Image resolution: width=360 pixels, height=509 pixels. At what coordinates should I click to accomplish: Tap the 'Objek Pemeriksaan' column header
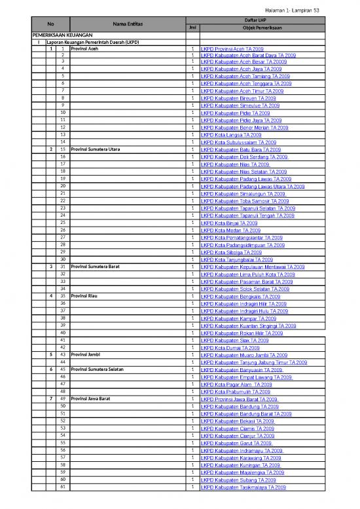click(242, 28)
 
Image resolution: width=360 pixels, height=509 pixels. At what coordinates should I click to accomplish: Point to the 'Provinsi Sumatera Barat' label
click(97, 267)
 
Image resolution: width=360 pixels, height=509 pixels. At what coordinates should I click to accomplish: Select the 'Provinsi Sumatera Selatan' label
click(100, 369)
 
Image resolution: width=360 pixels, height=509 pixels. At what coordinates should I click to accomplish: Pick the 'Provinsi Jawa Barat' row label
click(94, 399)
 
